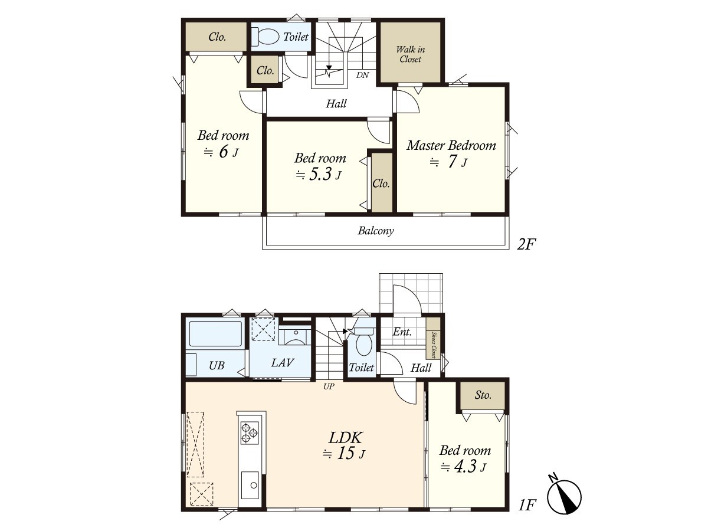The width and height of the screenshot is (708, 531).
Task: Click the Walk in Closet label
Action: point(410,54)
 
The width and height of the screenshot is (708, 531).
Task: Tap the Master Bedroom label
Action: point(451,145)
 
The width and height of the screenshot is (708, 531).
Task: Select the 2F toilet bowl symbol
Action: point(265,37)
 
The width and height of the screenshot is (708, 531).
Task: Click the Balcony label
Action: point(376,231)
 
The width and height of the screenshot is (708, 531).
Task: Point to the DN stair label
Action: point(362,75)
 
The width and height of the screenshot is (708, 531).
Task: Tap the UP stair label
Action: point(329,386)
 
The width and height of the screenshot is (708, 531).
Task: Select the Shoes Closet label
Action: point(434,345)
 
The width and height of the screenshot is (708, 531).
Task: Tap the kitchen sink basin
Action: point(250,485)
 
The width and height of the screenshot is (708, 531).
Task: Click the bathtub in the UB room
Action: point(215,333)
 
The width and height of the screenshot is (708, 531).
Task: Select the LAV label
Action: point(282,363)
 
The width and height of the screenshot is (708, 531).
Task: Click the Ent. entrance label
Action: point(402,332)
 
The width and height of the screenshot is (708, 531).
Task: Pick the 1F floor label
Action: point(527,505)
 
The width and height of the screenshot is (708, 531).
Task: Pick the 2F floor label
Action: point(526,244)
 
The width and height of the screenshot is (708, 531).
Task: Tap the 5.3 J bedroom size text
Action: point(319,175)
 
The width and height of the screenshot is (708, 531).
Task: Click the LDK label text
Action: point(345,438)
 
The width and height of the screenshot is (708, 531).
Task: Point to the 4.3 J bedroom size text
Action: point(463,467)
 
